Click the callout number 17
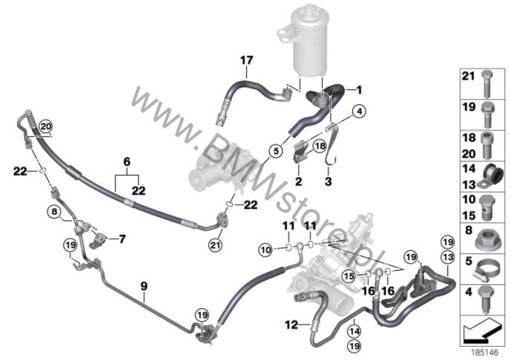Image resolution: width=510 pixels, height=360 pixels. (247, 60)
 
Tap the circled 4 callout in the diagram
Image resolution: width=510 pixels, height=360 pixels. (359, 112)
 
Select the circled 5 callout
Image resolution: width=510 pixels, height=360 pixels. (276, 151)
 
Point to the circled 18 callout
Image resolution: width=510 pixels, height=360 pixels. (320, 146)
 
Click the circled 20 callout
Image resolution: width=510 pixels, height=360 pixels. (45, 126)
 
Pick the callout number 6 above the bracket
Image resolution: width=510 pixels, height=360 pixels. (127, 161)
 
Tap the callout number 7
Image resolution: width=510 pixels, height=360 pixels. (122, 240)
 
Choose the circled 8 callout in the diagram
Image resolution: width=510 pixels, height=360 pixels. (54, 212)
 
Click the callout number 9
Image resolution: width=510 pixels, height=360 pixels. (143, 286)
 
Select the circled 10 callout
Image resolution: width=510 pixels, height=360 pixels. (265, 250)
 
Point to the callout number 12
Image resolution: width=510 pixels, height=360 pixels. (291, 324)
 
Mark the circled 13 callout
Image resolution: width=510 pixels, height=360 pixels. (448, 257)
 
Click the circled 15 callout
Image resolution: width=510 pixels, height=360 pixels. (349, 277)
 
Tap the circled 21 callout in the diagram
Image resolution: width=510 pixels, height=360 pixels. (215, 245)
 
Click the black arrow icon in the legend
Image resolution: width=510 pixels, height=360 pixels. (482, 330)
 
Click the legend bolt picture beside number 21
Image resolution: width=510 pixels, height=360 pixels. (487, 83)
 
